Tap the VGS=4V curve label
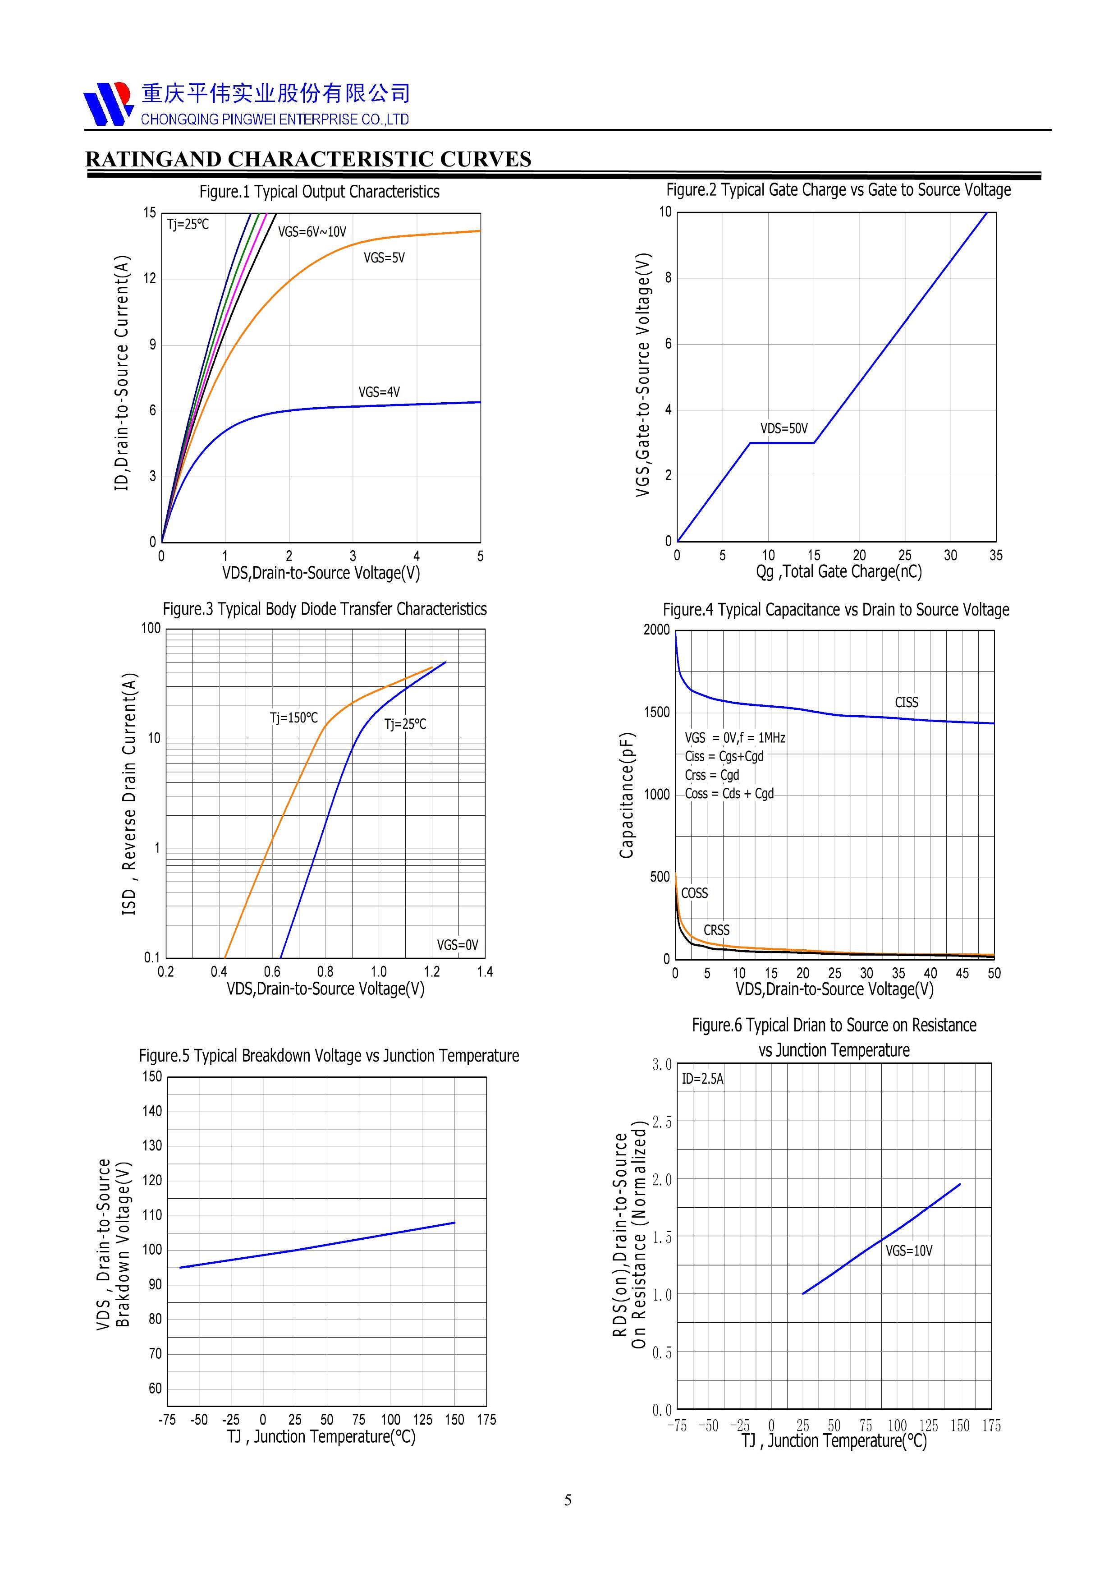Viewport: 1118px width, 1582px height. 379,392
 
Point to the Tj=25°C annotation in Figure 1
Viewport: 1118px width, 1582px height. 188,225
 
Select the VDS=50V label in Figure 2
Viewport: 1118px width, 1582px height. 784,428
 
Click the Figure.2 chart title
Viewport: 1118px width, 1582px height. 838,190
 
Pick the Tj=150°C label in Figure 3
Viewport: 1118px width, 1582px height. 293,718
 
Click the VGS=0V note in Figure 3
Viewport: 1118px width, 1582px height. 458,945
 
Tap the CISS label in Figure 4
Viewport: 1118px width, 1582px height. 907,702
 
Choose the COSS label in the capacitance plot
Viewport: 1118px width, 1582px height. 694,893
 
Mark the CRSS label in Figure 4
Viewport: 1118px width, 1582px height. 716,930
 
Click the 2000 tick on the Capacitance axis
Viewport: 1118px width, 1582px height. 656,630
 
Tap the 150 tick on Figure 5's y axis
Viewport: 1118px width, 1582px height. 152,1076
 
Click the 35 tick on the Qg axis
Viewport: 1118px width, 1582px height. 995,555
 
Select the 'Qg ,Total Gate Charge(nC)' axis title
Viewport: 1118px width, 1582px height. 838,572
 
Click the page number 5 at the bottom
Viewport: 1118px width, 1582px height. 568,1500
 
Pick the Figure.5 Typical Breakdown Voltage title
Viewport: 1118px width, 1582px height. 329,1056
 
